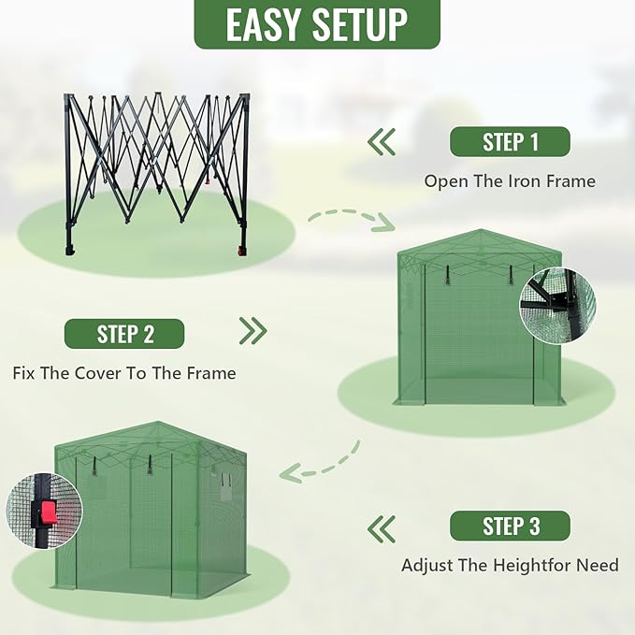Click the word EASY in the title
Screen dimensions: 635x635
pyautogui.click(x=265, y=25)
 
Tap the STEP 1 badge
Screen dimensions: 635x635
pyautogui.click(x=510, y=142)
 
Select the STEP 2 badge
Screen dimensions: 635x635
pyautogui.click(x=124, y=334)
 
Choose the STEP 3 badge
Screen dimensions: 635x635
pyautogui.click(x=510, y=526)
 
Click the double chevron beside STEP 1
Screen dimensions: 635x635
pyautogui.click(x=381, y=142)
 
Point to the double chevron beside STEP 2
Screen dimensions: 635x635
pyautogui.click(x=253, y=331)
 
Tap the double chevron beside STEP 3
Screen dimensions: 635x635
pyautogui.click(x=381, y=529)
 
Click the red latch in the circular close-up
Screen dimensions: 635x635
pyautogui.click(x=48, y=512)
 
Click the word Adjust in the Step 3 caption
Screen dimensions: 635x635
pyautogui.click(x=427, y=565)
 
